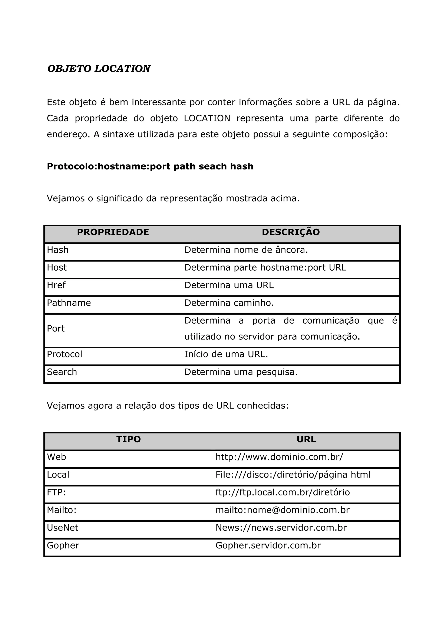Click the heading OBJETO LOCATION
99,69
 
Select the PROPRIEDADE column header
113,232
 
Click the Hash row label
58,250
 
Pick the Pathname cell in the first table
69,303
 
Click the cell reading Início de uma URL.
226,354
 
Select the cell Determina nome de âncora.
246,250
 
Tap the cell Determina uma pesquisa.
241,372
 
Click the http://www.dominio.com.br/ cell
279,457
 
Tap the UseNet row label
62,528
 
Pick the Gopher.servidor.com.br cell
268,545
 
